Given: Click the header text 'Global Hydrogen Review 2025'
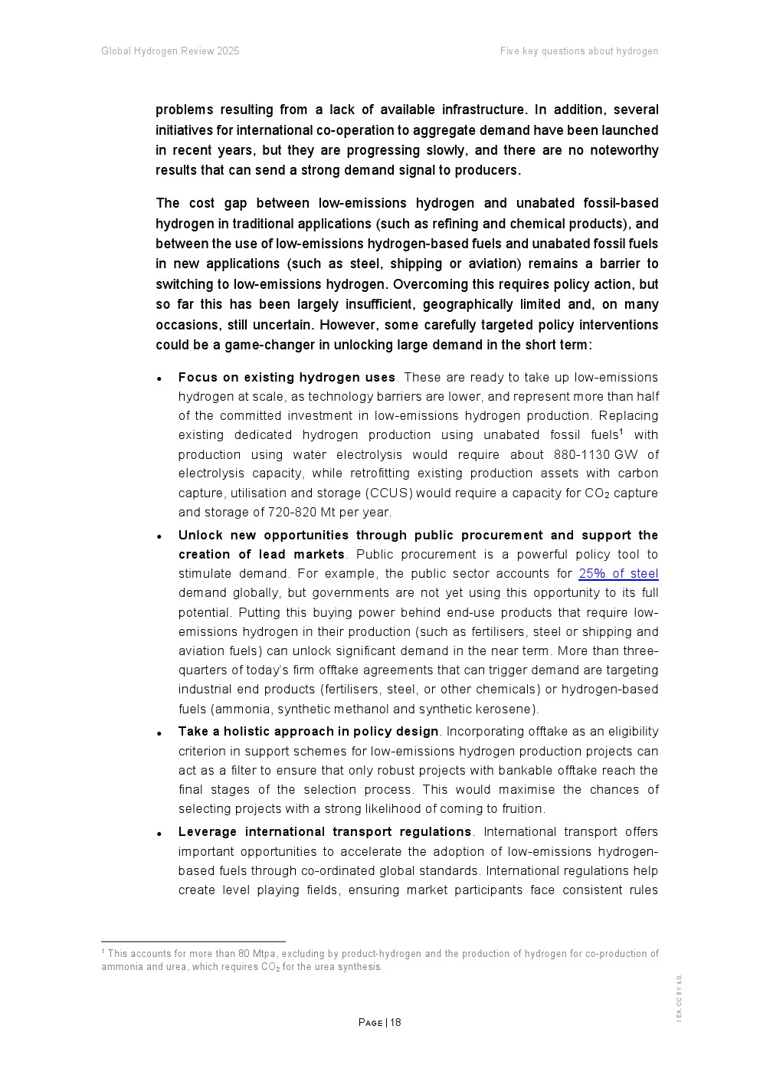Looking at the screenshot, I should [170, 51].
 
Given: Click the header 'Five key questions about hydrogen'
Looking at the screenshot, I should [578, 51].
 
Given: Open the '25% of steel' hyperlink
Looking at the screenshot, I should [617, 574].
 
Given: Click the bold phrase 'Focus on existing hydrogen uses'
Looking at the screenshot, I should [287, 377].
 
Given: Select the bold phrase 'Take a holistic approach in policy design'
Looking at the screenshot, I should [308, 732].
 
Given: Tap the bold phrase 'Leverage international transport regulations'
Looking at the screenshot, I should [325, 832].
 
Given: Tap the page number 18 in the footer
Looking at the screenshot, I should [395, 1023].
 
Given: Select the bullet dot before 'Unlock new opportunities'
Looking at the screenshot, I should [159, 537].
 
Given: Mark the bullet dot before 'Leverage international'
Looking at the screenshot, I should [159, 834].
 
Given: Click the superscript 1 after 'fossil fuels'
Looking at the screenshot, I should [621, 431].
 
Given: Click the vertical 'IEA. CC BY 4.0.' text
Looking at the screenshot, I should [679, 997].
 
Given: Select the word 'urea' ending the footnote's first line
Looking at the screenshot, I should [649, 954].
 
